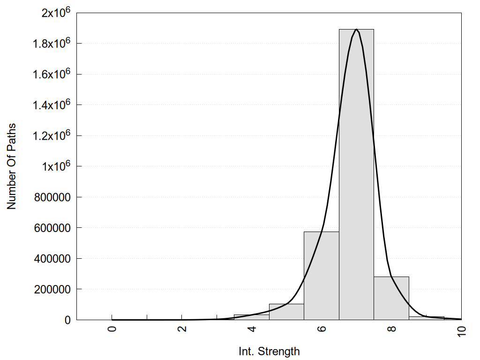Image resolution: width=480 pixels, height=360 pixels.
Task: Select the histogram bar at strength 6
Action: tap(321, 277)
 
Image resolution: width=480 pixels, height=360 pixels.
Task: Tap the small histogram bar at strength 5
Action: tap(286, 312)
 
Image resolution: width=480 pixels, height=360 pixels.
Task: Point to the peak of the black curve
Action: tap(357, 30)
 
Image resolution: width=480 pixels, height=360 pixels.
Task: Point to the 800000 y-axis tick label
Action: tap(52, 197)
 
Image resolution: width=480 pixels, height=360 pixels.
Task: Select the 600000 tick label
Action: tap(52, 228)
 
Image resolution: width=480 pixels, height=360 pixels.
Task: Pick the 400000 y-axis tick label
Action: tap(52, 258)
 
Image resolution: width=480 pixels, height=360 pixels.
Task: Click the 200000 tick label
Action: tap(52, 289)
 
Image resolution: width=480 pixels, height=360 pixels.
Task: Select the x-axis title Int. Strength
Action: tap(269, 351)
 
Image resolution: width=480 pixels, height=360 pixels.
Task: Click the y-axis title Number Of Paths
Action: tap(11, 166)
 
